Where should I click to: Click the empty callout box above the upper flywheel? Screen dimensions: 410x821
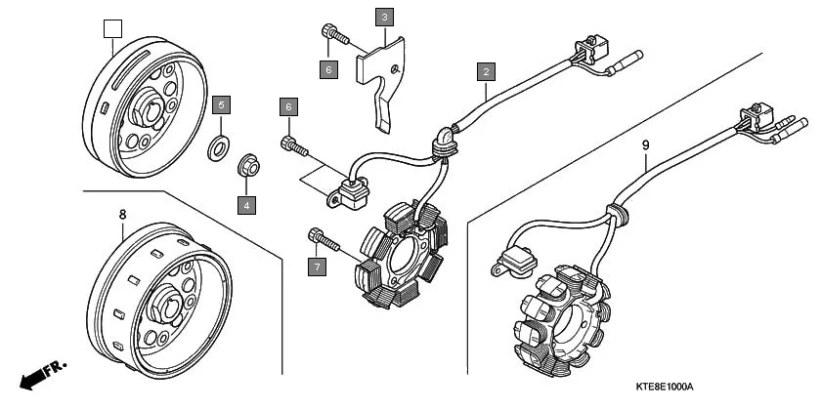coord(112,28)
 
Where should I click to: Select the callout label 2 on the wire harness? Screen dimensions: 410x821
coord(486,70)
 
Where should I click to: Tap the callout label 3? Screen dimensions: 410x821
coord(385,17)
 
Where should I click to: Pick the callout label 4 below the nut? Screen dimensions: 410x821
coord(247,205)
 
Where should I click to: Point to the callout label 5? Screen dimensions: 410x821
coord(222,103)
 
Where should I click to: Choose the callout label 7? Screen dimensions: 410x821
coord(316,266)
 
